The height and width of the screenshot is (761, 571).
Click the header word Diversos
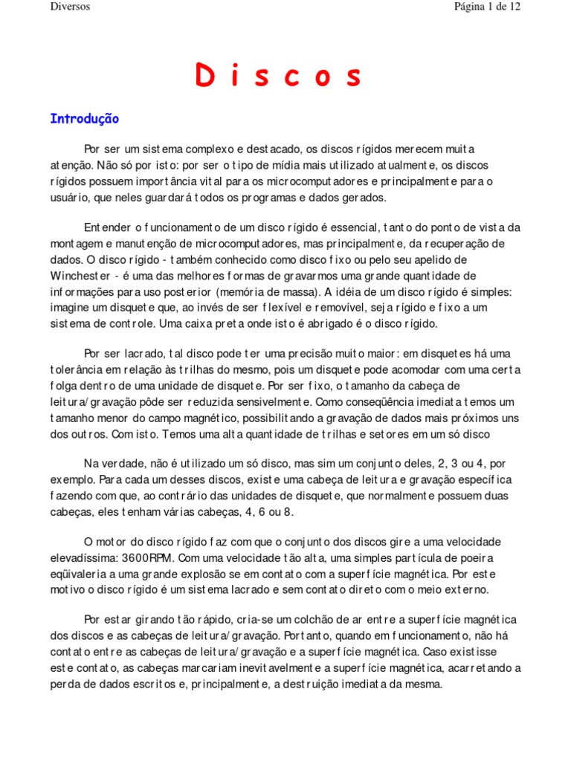tap(70, 7)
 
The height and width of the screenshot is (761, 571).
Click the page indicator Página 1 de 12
tap(487, 7)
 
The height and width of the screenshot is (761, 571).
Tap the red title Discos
tap(279, 76)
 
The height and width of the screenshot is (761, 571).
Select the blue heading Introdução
tap(84, 119)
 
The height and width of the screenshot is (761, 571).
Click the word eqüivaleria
tap(80, 574)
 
